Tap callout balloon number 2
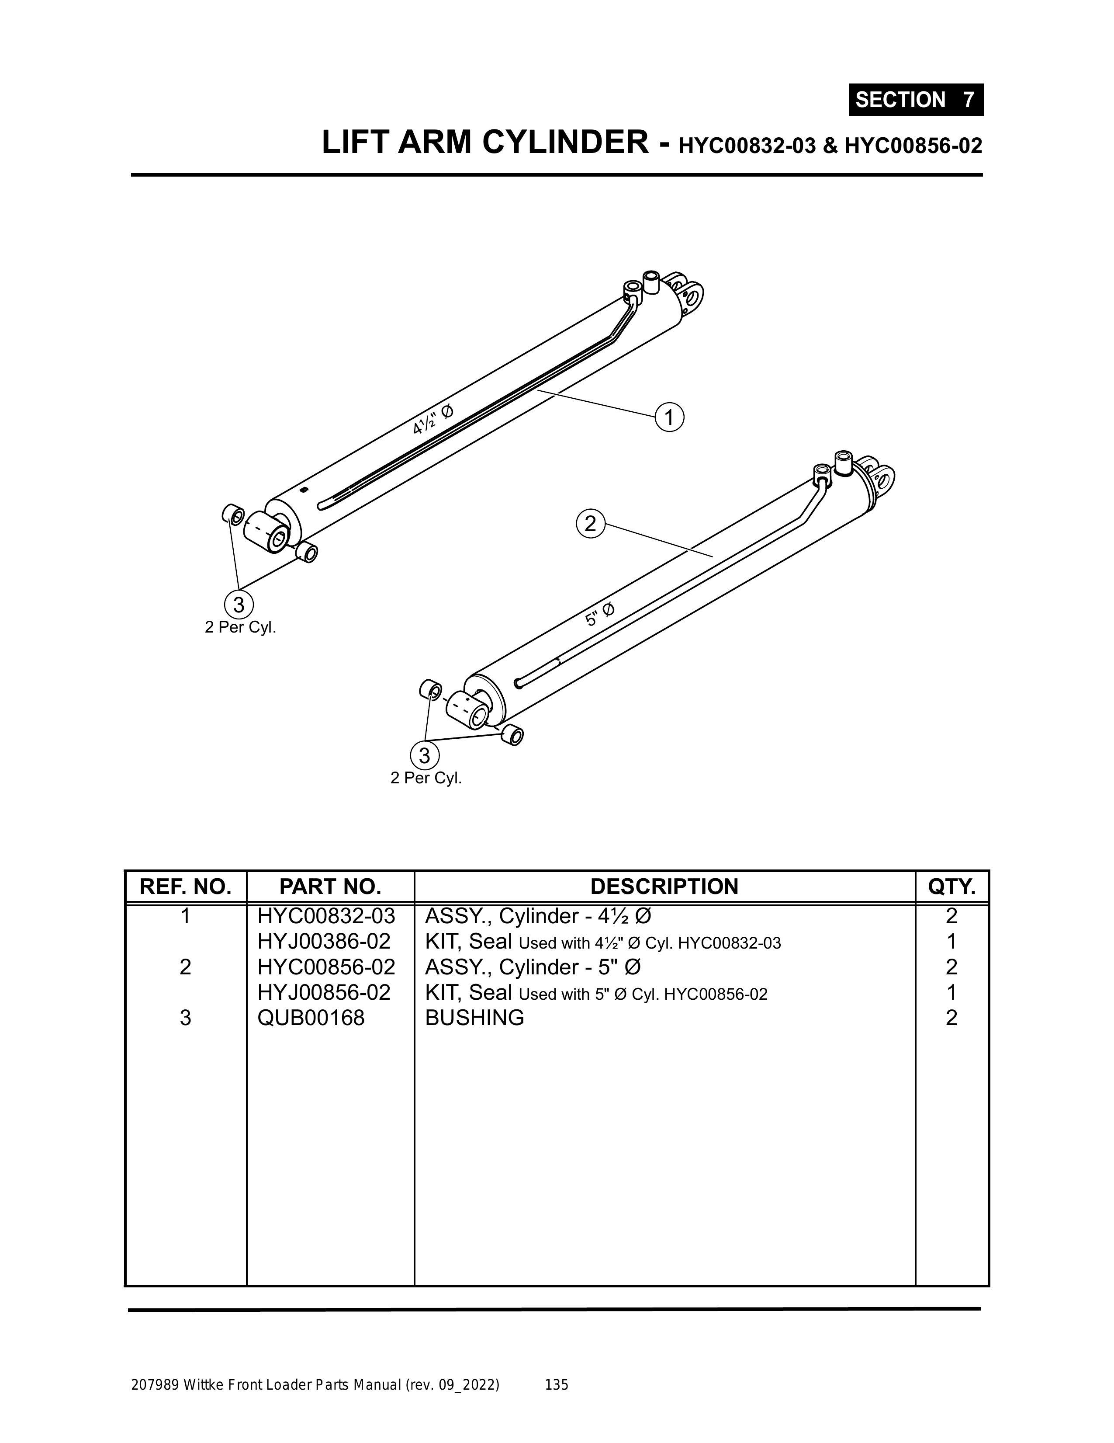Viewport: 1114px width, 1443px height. (x=590, y=524)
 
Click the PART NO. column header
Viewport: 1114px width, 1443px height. (x=330, y=886)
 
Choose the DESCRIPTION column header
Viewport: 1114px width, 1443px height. (x=664, y=886)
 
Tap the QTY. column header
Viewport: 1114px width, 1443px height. (x=951, y=886)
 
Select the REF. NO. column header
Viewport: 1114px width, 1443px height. (x=186, y=886)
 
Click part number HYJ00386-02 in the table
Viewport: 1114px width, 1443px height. (x=324, y=941)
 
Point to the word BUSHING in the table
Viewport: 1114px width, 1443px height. (x=474, y=1018)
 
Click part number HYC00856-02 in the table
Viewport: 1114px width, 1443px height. (x=326, y=967)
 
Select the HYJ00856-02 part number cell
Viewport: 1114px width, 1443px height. (x=324, y=992)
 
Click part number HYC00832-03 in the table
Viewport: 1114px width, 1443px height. (x=326, y=916)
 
